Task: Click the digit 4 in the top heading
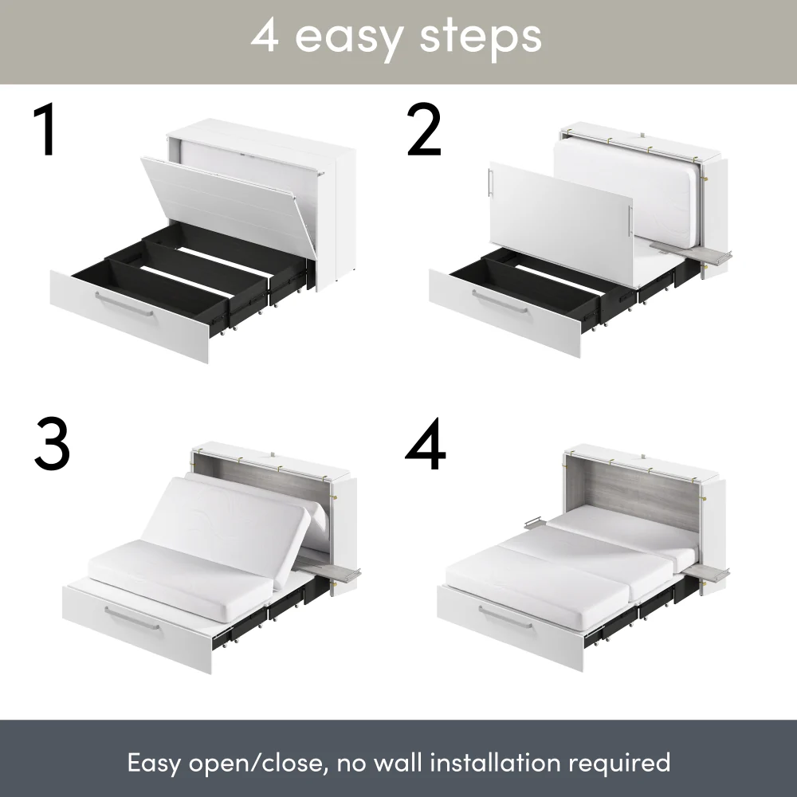tap(265, 36)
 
